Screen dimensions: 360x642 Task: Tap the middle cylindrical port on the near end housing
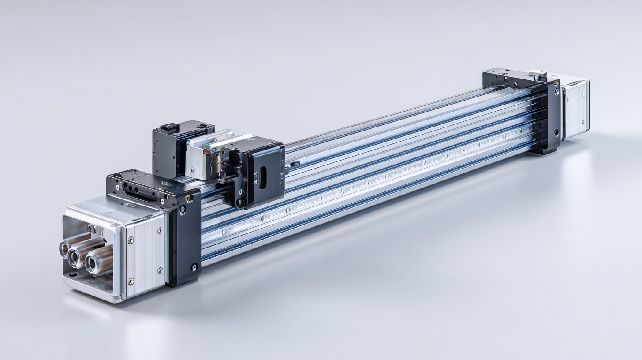[x=75, y=258]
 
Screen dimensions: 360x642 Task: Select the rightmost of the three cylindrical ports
[x=93, y=263]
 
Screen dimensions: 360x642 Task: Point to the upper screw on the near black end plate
[x=182, y=210]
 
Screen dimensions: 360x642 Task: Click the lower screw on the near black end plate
[x=194, y=267]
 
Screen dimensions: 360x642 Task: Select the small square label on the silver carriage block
[x=192, y=170]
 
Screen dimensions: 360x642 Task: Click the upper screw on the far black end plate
[x=557, y=91]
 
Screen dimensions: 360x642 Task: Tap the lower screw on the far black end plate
[x=556, y=132]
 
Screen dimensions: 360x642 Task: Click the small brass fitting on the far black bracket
[x=559, y=83]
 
